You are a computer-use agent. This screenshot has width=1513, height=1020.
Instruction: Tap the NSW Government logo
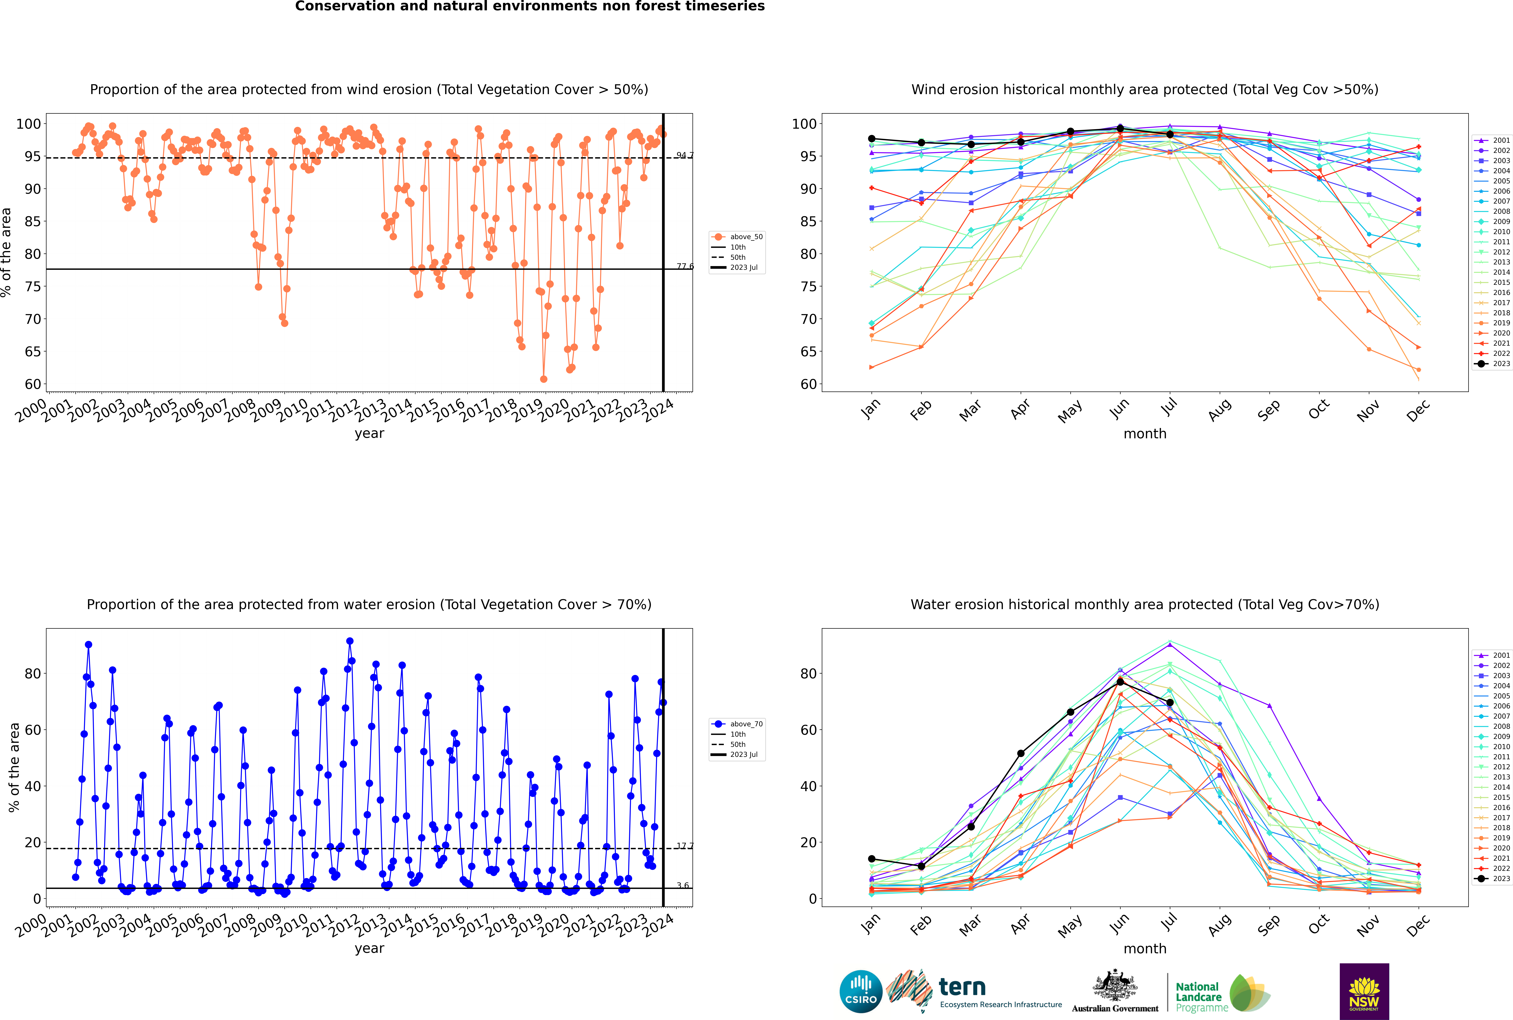click(1364, 991)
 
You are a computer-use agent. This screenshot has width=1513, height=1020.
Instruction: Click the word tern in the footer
click(962, 988)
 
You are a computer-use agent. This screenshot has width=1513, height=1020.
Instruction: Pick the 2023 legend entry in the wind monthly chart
click(1493, 364)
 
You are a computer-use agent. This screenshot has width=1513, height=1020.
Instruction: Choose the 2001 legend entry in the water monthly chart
click(1493, 655)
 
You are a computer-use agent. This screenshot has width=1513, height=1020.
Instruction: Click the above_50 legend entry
click(737, 237)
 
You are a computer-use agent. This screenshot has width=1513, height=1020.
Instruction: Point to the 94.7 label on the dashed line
click(685, 155)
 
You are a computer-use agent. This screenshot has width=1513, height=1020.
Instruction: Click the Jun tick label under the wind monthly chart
click(1119, 408)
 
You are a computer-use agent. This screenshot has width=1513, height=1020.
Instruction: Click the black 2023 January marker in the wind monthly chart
click(872, 139)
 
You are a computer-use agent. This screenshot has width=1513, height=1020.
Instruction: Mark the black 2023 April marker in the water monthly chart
click(1021, 753)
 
